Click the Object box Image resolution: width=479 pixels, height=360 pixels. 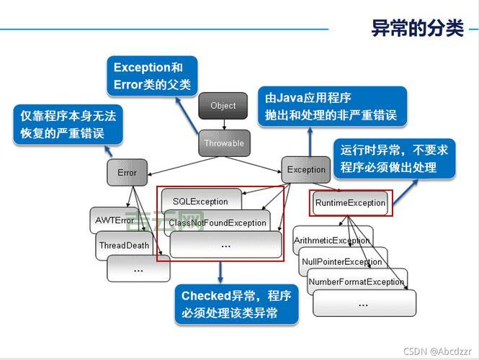[x=223, y=106]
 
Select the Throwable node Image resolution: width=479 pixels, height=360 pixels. [x=223, y=143]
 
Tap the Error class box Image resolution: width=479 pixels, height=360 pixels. [x=127, y=173]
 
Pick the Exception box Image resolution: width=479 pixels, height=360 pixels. [x=306, y=170]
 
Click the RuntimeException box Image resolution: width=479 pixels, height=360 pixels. [x=350, y=203]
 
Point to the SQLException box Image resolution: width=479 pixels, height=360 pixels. [x=200, y=202]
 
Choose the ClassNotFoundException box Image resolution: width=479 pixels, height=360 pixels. [x=217, y=223]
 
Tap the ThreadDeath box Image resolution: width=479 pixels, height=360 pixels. [x=124, y=246]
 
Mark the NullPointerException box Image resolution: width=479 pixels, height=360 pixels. [x=341, y=261]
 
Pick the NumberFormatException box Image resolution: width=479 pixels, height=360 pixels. [x=356, y=282]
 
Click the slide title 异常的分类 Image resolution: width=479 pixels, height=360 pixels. [x=417, y=28]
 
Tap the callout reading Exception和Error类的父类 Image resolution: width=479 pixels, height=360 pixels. [x=152, y=76]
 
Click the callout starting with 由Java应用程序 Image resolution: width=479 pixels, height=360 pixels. [x=331, y=106]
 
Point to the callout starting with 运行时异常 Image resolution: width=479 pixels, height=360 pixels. [x=393, y=159]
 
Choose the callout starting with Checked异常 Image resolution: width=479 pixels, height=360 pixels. [x=236, y=305]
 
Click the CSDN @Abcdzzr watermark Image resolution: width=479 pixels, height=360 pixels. [x=438, y=351]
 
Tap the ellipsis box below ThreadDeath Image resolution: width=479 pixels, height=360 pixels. [x=138, y=269]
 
